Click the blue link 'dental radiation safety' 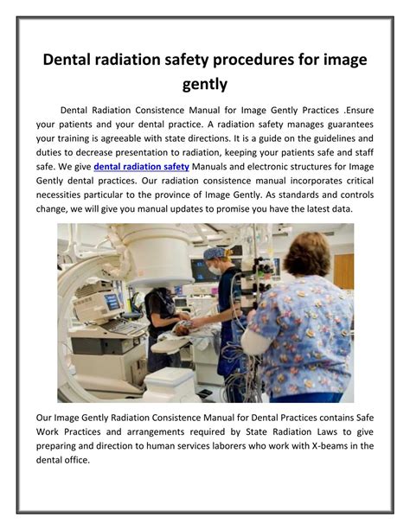(141, 165)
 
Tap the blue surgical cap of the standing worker (213, 253)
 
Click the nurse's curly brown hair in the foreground (306, 255)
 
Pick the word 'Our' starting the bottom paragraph (47, 418)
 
